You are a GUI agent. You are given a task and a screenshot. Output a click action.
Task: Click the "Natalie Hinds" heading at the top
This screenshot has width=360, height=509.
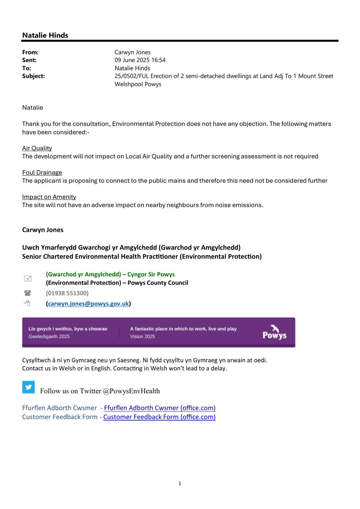pos(45,35)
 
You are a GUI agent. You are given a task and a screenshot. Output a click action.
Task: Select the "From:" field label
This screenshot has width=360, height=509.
pos(30,52)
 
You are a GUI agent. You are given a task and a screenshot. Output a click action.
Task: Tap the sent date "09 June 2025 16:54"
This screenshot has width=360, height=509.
pos(140,60)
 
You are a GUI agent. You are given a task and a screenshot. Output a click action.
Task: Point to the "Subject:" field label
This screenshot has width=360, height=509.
pos(33,76)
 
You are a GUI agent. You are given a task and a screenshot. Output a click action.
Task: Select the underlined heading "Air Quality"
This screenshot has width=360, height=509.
pos(37,148)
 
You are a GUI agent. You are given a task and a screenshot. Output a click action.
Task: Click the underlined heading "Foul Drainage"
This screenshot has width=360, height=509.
pos(42,172)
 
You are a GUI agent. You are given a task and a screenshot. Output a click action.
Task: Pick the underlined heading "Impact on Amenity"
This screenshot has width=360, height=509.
pos(49,197)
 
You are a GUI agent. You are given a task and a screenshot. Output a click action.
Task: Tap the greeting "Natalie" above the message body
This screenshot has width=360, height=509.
pos(32,108)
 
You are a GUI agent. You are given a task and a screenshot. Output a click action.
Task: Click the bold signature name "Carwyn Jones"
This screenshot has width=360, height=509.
pos(43,230)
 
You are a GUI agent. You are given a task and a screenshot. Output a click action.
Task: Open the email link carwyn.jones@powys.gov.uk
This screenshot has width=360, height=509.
pos(88,303)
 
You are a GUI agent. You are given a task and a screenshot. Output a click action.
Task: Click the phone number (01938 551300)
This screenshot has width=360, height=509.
pos(67,293)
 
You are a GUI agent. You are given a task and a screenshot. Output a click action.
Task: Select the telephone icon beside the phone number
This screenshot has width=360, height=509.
pos(28,293)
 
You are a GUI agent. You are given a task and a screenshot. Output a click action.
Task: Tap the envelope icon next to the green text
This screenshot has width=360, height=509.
pos(28,279)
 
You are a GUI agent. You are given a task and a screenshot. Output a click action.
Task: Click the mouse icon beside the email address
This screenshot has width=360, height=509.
pos(27,303)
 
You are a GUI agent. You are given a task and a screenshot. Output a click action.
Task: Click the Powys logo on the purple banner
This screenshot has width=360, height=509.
pos(274,332)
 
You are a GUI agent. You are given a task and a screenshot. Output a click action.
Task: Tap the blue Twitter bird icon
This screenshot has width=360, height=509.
pos(28,387)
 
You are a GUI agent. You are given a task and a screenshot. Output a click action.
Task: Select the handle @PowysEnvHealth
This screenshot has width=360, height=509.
pos(131,391)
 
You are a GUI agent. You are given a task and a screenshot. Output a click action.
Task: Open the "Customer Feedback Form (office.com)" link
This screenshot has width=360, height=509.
pos(159,417)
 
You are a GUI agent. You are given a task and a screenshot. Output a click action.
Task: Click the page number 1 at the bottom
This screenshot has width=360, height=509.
pos(180,484)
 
